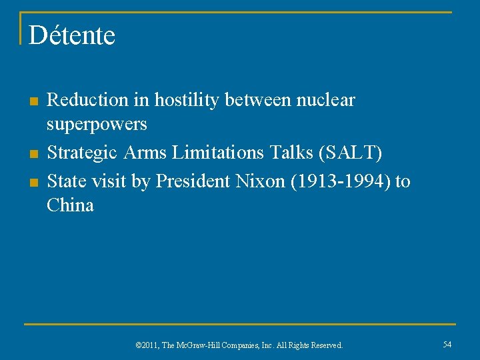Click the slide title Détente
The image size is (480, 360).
(72, 35)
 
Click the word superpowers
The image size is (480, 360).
(97, 125)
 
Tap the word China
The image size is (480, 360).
(70, 205)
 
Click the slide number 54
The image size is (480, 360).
(447, 344)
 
